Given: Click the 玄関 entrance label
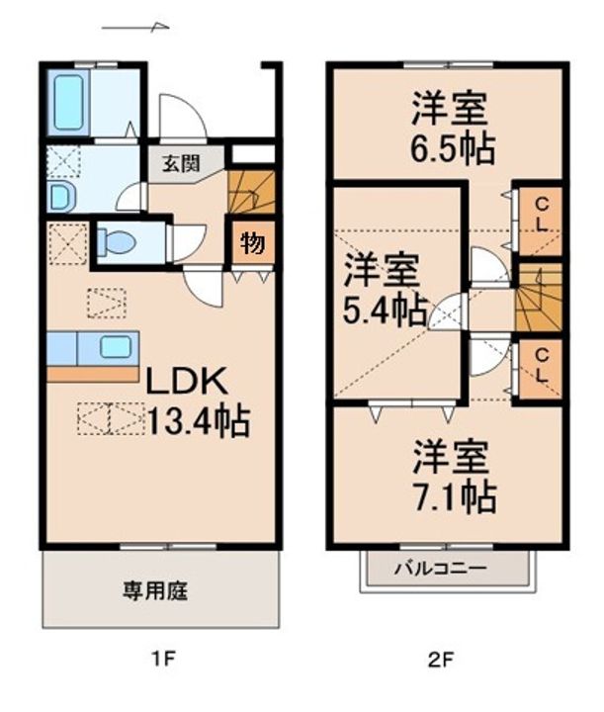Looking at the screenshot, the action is tap(181, 163).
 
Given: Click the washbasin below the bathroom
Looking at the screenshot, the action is tap(61, 196).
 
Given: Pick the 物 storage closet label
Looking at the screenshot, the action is tap(252, 243).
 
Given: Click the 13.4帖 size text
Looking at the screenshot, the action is tap(199, 421).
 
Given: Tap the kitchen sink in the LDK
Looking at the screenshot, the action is tap(116, 348).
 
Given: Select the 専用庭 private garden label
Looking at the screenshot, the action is tap(155, 590).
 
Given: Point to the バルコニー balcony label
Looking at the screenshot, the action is tap(440, 568).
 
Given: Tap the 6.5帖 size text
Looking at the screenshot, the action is tap(453, 149).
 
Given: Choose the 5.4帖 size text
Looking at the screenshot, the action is tap(385, 311).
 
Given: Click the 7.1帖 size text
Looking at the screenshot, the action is tap(454, 496).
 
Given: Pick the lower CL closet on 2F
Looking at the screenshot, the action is tap(541, 369).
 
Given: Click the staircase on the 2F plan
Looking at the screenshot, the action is tap(539, 298).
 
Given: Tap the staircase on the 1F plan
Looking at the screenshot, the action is tap(252, 192).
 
